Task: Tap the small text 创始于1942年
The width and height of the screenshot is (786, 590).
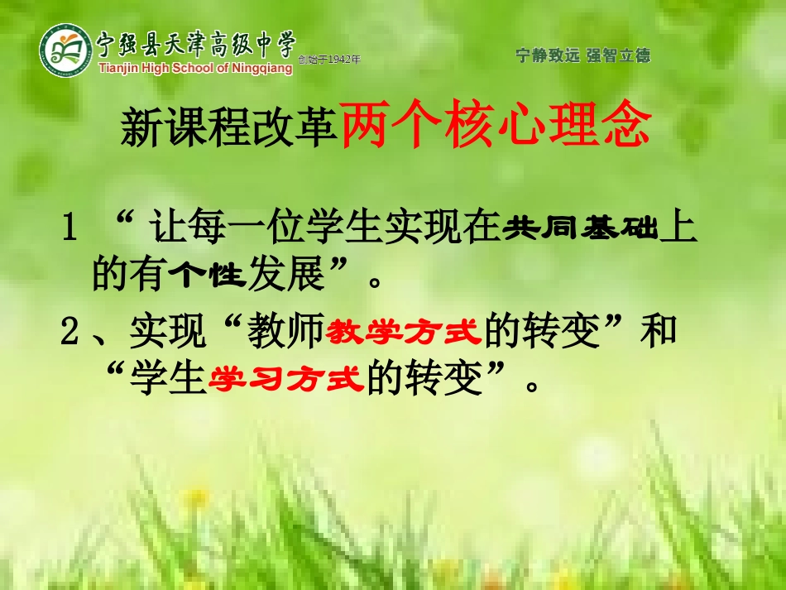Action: click(329, 60)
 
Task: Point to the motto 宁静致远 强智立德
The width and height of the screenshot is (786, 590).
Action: click(582, 55)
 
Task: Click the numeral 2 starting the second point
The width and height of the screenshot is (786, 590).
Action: click(70, 333)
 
